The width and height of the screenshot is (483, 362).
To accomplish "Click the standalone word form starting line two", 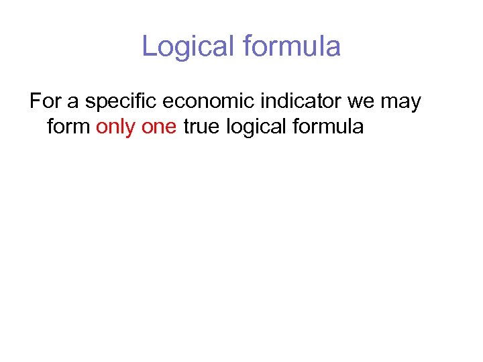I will [69, 126].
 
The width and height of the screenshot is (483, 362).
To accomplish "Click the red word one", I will [159, 126].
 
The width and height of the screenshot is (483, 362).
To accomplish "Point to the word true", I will [201, 126].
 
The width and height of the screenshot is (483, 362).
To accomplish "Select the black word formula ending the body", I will [329, 126].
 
